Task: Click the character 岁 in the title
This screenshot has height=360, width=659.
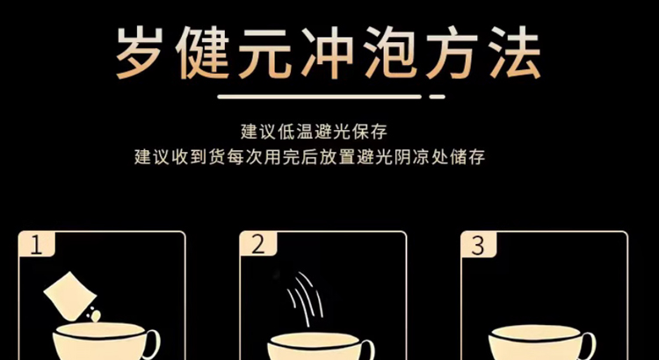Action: click(140, 54)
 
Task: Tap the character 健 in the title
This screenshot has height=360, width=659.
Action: click(202, 54)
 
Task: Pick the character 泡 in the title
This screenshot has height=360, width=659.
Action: click(390, 54)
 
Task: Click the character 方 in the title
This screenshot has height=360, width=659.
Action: click(452, 54)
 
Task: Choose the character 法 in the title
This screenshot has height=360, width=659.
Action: click(514, 54)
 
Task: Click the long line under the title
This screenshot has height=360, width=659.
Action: click(320, 97)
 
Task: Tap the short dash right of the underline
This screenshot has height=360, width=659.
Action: click(437, 97)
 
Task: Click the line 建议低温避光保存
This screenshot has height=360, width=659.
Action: click(314, 132)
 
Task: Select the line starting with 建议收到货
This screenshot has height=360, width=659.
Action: click(310, 156)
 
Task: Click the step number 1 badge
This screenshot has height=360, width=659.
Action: click(37, 244)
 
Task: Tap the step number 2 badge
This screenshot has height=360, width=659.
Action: click(258, 244)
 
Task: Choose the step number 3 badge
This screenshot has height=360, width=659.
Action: click(479, 244)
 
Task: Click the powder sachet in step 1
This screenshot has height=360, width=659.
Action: click(68, 296)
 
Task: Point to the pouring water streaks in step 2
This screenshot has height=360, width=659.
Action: click(305, 299)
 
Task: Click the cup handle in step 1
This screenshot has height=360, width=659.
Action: click(153, 344)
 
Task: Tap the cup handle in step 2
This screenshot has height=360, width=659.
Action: click(368, 349)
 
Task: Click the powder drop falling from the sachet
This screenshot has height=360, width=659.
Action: click(97, 316)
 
